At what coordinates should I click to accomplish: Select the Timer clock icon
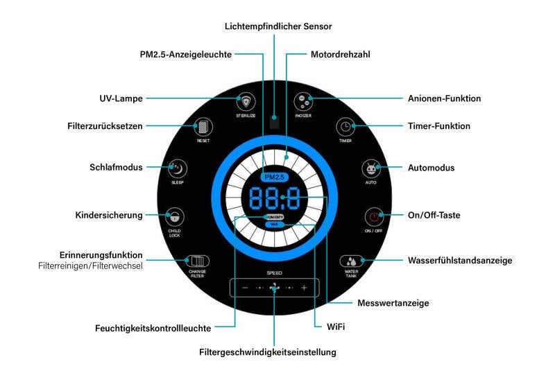coord(345,126)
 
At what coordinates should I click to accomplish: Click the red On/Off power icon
coord(373,215)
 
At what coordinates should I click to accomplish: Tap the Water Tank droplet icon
coord(351,261)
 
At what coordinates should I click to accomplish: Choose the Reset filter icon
coord(203,126)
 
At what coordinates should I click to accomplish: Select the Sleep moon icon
coord(178,168)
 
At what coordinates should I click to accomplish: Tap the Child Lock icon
coord(175,215)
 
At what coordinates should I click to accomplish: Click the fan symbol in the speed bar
coord(275,287)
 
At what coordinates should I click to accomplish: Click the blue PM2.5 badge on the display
coord(275,177)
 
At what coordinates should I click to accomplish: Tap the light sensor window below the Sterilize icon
coord(275,123)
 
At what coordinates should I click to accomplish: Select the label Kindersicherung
coord(109,215)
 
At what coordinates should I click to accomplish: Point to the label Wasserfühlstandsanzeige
coord(459,261)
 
